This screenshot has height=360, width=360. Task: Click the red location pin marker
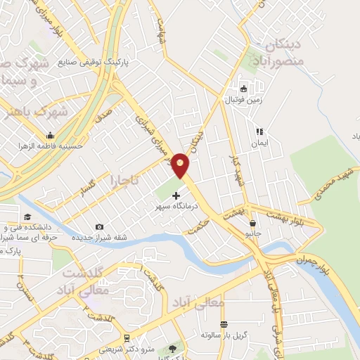tap(181, 166)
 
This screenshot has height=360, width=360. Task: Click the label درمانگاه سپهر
tap(176, 207)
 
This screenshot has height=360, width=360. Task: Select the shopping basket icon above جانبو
tap(252, 224)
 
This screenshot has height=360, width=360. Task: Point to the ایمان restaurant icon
tap(259, 131)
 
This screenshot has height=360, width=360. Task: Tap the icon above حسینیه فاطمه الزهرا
tap(50, 135)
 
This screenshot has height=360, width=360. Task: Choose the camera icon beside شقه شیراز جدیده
tap(98, 226)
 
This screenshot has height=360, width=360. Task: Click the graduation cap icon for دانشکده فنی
tap(27, 217)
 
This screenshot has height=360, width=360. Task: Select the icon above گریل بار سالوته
tap(223, 324)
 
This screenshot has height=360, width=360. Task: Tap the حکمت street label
tap(199, 227)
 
